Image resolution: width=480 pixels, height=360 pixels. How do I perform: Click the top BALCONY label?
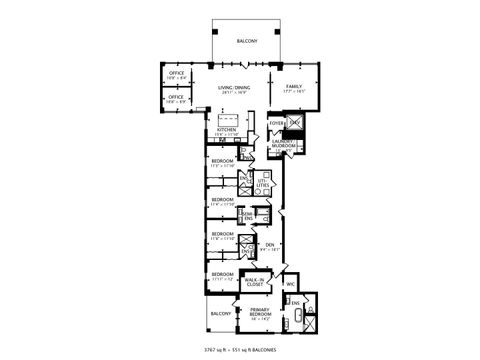(x=248, y=40)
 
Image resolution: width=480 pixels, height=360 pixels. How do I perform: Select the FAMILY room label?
(x=294, y=87)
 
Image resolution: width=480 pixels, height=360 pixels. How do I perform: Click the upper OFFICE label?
(x=176, y=72)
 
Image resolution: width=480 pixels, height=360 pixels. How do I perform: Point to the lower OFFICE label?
(x=176, y=97)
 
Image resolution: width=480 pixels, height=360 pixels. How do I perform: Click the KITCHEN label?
(x=226, y=130)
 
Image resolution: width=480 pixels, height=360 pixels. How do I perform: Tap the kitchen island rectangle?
(x=227, y=116)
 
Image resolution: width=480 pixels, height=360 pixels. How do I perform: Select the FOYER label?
(x=276, y=123)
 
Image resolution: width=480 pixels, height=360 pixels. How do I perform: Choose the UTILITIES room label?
(x=263, y=184)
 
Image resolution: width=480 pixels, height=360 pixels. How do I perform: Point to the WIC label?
(x=290, y=284)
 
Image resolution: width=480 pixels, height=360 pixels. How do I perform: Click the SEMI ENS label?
(x=248, y=215)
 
